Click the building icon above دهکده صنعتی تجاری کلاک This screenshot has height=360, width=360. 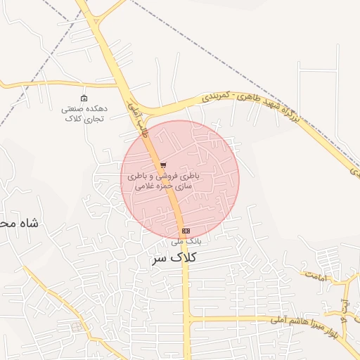point(84,98)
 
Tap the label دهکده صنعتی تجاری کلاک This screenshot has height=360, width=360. point(84,114)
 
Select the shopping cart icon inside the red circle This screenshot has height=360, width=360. point(163,166)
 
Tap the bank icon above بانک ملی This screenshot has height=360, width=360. point(186,231)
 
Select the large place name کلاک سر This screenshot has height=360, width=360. point(173,258)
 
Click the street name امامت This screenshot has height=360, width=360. point(316,276)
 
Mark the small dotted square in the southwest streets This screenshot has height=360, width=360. point(77,327)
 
